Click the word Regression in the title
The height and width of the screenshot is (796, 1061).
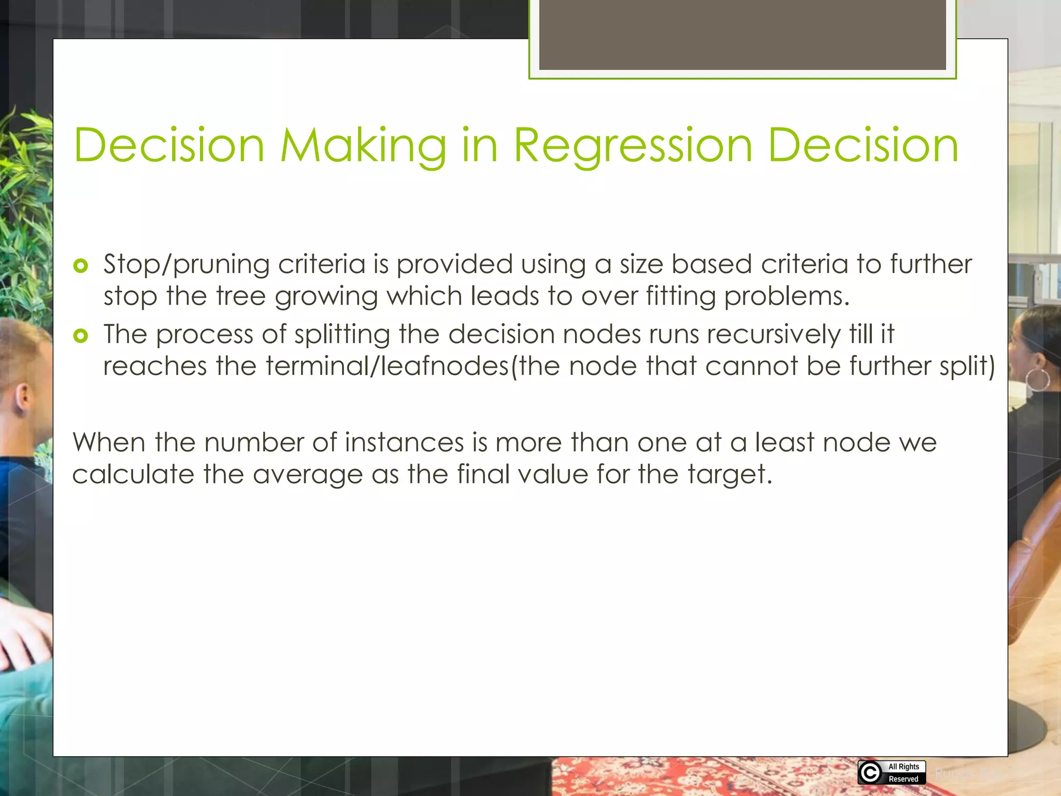coord(633,147)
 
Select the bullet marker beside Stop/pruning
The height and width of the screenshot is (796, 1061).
coord(81,266)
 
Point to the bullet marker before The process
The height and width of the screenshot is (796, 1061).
coord(81,336)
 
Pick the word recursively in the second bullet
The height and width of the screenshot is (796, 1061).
coord(773,334)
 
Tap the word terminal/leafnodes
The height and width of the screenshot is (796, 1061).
coord(388,366)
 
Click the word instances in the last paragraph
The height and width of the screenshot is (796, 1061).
coord(404,443)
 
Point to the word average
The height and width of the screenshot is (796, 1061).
coord(307,475)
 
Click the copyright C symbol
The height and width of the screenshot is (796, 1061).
coord(870,773)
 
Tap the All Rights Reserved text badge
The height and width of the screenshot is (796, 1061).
coord(904,773)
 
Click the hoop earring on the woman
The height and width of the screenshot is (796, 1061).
coord(1038,380)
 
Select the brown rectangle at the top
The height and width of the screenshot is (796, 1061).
coord(742,34)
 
